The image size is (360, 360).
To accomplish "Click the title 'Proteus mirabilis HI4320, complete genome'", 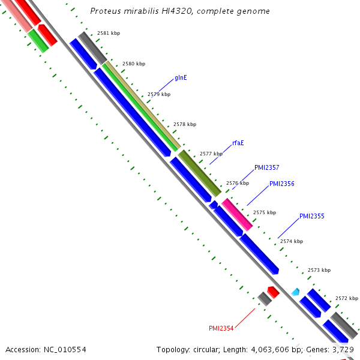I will pos(179,11).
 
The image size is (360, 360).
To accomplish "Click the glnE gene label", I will pos(181,78).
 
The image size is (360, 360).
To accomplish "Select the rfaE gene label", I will pos(238,143).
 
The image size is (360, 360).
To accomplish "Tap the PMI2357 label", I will pos(266,168).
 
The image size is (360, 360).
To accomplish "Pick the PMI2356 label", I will pos(281,184).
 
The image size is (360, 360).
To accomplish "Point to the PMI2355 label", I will pos(311,216).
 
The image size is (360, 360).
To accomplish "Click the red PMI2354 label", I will pos(221,328).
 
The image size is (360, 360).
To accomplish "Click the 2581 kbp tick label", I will pos(109,34).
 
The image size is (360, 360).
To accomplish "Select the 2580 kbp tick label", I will pos(133,64).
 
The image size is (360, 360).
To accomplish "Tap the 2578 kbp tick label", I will pos(184,124).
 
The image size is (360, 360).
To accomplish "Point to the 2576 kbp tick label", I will pos(237,183).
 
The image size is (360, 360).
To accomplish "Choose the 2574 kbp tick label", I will pos(291,241).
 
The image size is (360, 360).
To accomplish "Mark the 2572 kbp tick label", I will pos(346,298).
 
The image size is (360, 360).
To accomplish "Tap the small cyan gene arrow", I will pos(295,292).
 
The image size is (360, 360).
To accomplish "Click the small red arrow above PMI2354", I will pos(273,292).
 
